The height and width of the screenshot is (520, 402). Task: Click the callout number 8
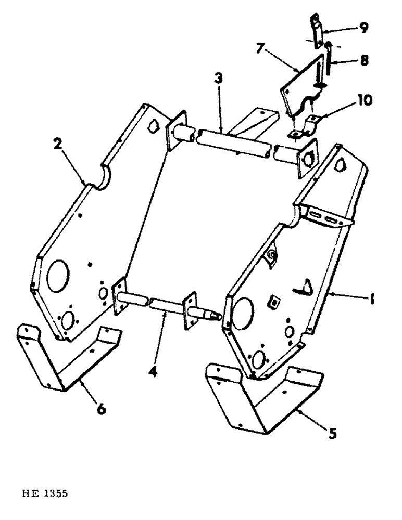click(364, 60)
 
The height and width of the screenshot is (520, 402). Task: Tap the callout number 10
click(364, 100)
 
